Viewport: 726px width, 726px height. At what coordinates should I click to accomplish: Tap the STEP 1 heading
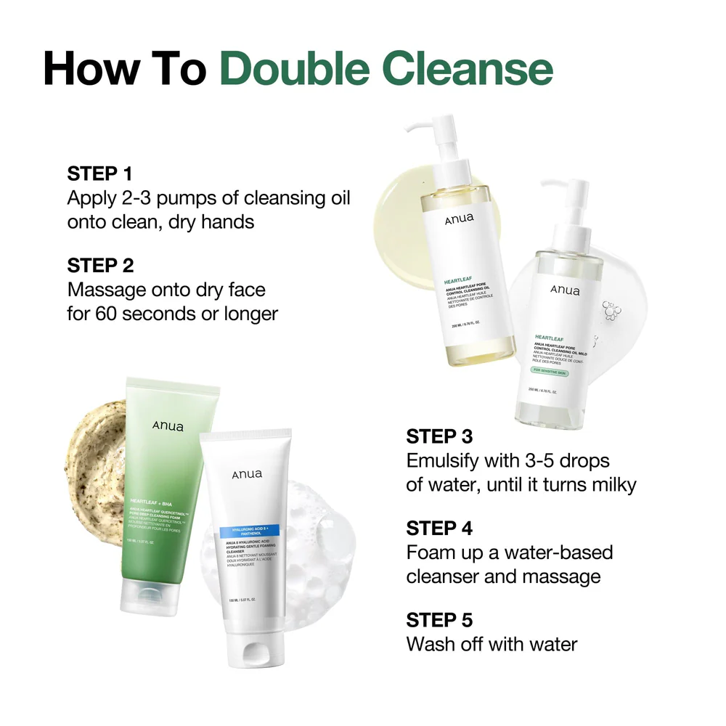[100, 174]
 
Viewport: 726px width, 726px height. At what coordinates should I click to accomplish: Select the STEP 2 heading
[100, 265]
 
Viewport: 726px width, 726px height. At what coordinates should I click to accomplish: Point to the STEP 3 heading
[439, 436]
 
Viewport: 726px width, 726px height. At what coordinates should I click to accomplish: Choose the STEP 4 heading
[439, 528]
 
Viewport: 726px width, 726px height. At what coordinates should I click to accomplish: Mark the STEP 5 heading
[439, 620]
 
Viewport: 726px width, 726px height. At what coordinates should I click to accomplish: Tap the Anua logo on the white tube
[248, 475]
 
